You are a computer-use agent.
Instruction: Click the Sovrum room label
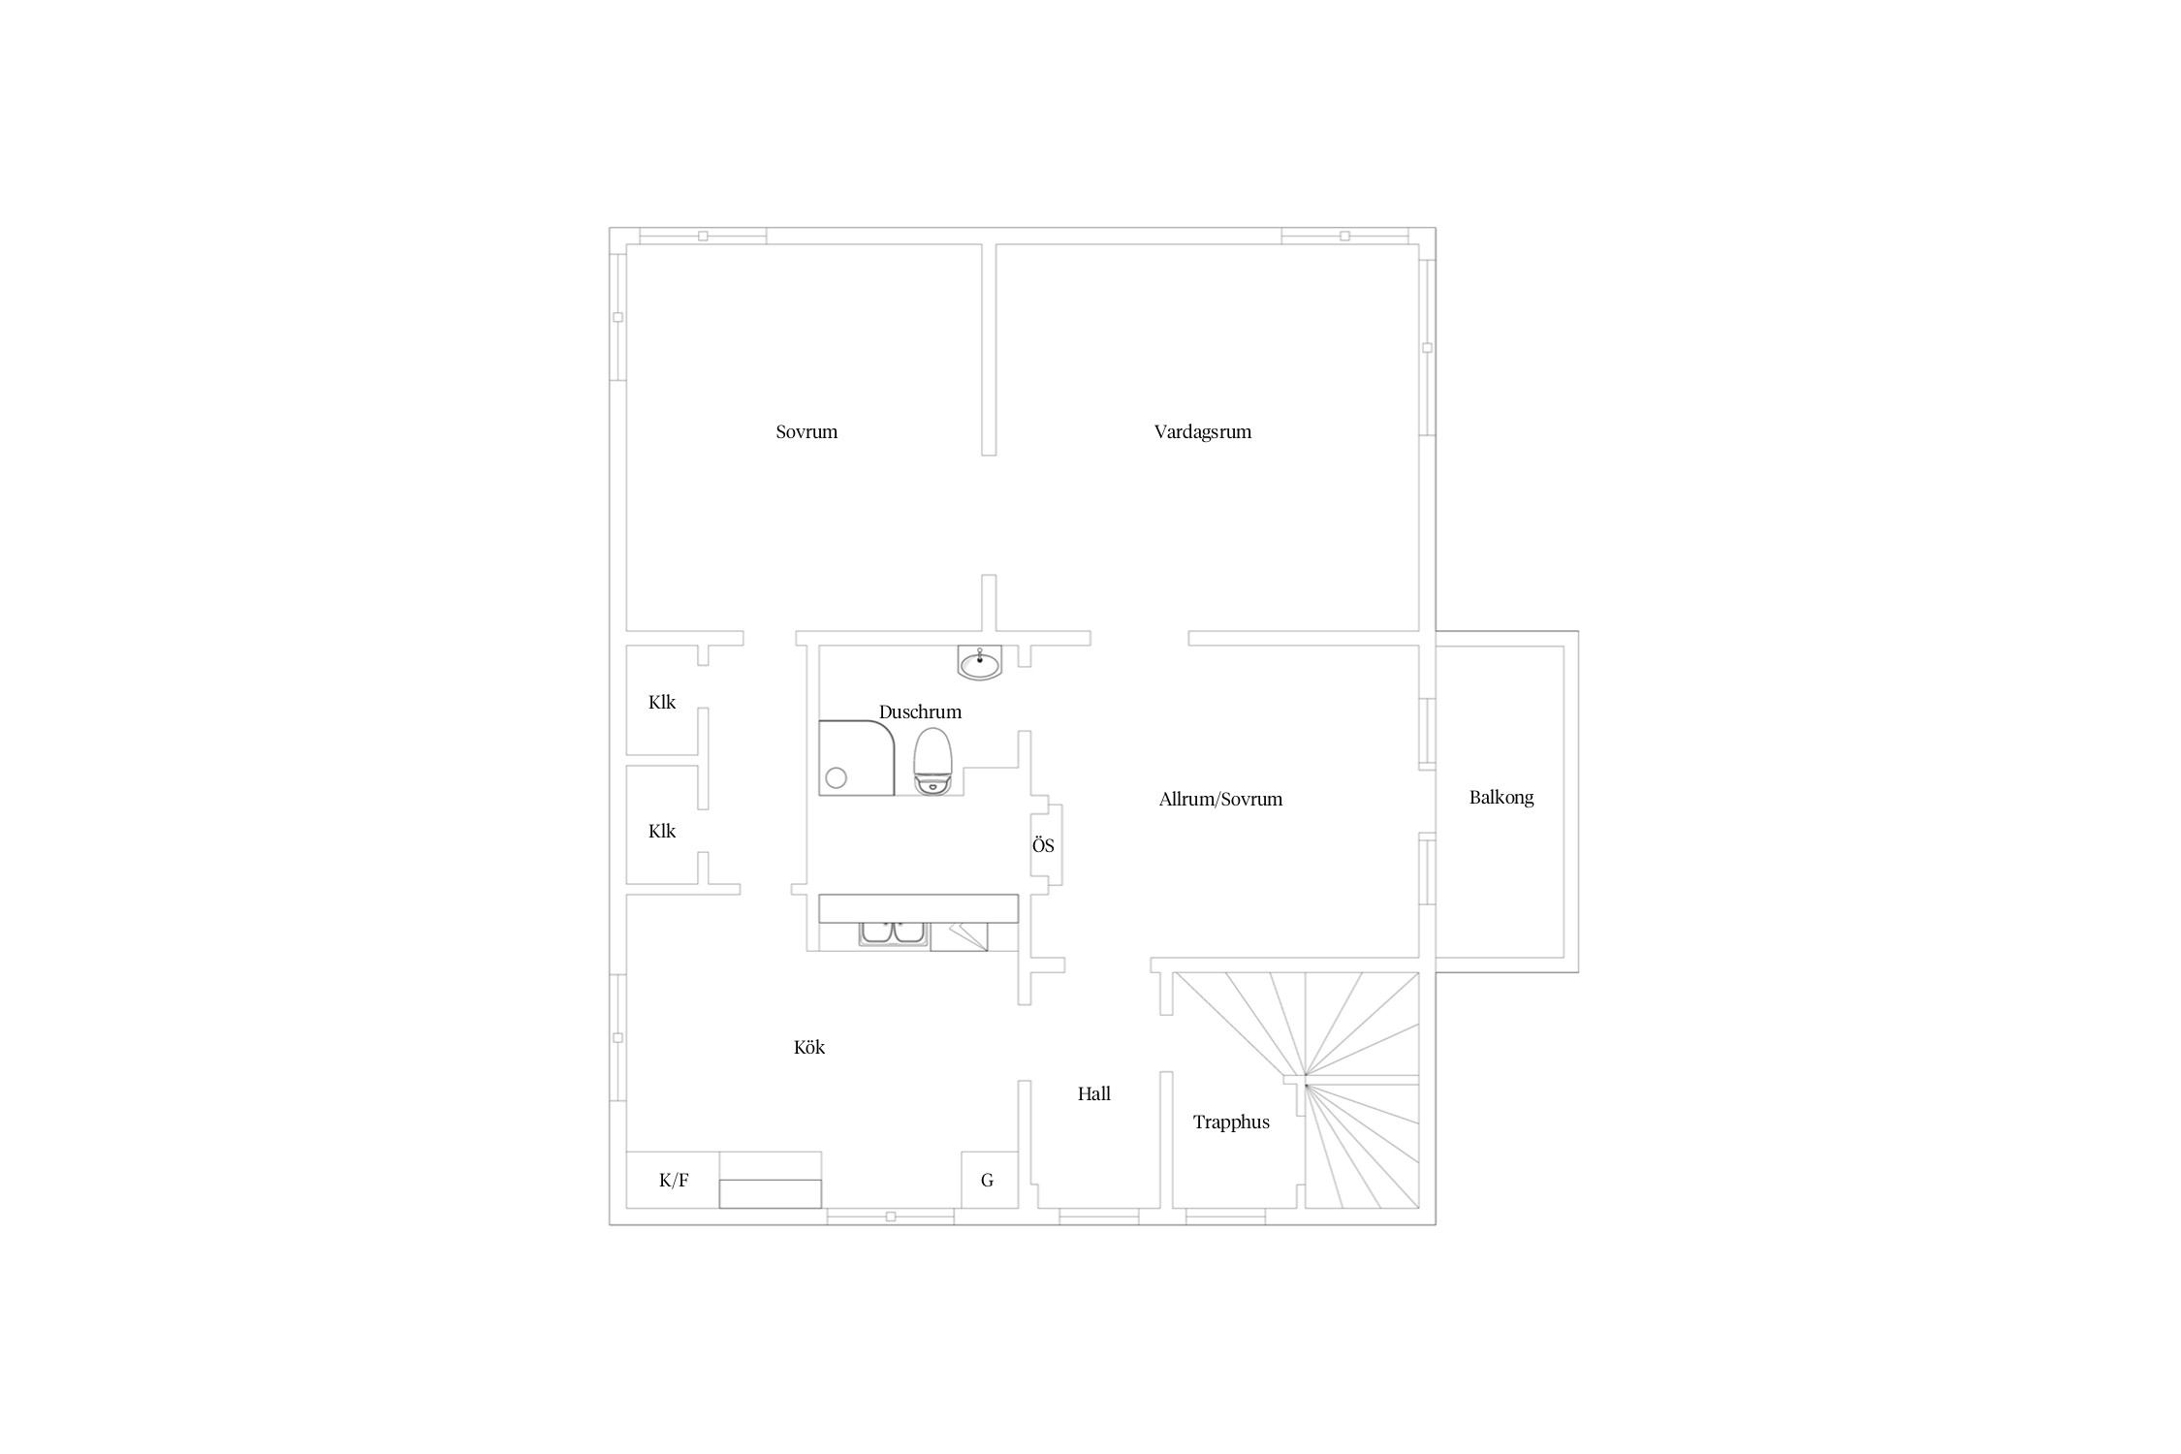[806, 432]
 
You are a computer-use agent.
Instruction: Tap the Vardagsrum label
[1203, 432]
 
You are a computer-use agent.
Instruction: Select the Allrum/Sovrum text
[1220, 800]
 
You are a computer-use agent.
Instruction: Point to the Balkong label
[1501, 798]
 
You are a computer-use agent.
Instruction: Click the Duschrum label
[920, 712]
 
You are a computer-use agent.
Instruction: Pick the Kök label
[809, 1047]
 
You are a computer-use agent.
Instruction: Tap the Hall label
[1094, 1093]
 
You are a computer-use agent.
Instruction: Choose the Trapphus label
[1231, 1122]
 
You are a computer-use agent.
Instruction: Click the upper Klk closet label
[662, 702]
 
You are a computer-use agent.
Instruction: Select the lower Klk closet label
[662, 831]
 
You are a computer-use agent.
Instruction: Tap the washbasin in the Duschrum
[980, 663]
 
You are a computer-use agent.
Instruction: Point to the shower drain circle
[836, 777]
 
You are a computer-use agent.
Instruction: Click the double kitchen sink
[893, 933]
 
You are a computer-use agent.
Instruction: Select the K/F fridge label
[674, 1181]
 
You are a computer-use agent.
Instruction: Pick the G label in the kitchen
[988, 1181]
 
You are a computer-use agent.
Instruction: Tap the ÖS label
[1043, 845]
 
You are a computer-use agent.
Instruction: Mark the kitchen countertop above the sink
[919, 908]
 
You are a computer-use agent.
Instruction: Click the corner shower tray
[857, 758]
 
